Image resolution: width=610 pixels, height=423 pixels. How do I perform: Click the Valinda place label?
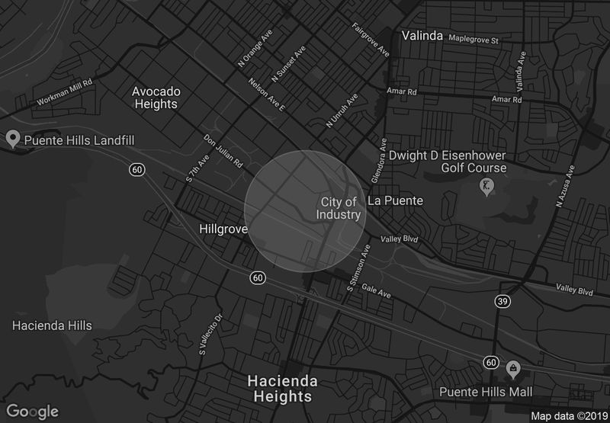[422, 36]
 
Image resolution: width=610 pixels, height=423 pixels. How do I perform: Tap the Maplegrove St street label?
[474, 39]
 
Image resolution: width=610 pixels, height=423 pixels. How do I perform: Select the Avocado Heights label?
[156, 98]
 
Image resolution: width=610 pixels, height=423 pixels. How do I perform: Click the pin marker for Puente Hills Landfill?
[12, 139]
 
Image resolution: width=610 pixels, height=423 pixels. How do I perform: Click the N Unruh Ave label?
[342, 111]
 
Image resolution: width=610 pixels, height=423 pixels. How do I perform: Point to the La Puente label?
[395, 201]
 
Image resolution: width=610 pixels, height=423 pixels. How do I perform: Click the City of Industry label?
[339, 208]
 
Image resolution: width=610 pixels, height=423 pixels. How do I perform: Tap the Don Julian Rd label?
[223, 152]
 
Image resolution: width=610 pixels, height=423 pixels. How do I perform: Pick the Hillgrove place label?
[223, 229]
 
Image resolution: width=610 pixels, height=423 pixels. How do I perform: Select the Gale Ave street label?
[376, 291]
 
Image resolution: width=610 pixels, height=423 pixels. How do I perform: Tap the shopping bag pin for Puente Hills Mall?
[513, 370]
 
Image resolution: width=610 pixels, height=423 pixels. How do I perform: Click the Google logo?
[34, 411]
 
